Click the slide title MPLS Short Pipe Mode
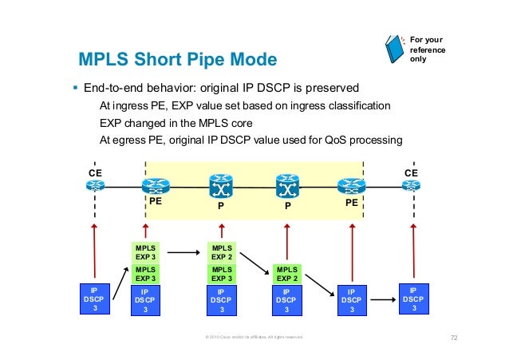click(x=176, y=60)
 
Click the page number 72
click(x=454, y=338)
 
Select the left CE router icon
click(x=96, y=187)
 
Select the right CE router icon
click(x=412, y=187)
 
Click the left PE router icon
click(x=154, y=187)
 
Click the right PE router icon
click(x=351, y=187)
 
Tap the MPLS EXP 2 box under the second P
click(x=286, y=275)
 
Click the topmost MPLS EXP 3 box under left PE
click(x=145, y=253)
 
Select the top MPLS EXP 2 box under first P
click(x=223, y=253)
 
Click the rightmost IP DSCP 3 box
click(x=412, y=300)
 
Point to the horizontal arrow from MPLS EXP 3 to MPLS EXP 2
click(x=183, y=253)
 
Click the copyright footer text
click(x=254, y=338)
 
